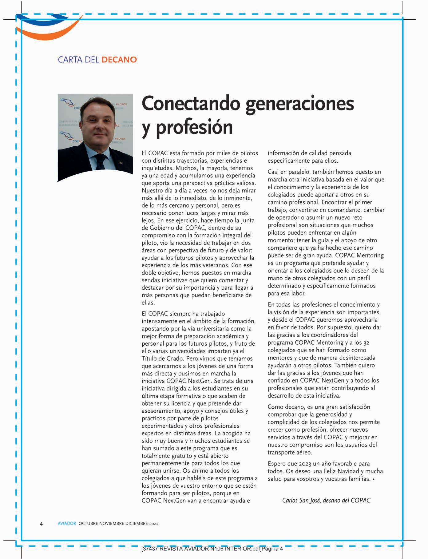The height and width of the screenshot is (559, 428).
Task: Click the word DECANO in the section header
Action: [119, 59]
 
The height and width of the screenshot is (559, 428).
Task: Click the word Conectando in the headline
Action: [190, 104]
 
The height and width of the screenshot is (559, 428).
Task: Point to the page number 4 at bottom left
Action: [41, 524]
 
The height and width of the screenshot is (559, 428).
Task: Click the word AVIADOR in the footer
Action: [67, 523]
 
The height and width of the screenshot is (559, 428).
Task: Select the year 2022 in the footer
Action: [153, 523]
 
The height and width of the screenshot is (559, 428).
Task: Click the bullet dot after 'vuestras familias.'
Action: [373, 479]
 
